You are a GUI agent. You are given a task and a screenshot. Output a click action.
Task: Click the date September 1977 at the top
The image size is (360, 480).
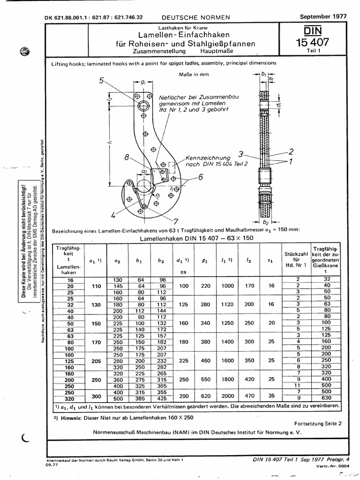tap(323, 16)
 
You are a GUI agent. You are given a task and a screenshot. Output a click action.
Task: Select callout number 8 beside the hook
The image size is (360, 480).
tap(127, 158)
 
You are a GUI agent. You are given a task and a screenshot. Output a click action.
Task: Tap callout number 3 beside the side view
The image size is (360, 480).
tap(241, 153)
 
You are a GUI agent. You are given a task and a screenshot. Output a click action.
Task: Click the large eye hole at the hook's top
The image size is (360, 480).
tap(144, 105)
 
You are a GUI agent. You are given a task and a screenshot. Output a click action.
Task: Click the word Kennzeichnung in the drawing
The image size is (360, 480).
tap(208, 158)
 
